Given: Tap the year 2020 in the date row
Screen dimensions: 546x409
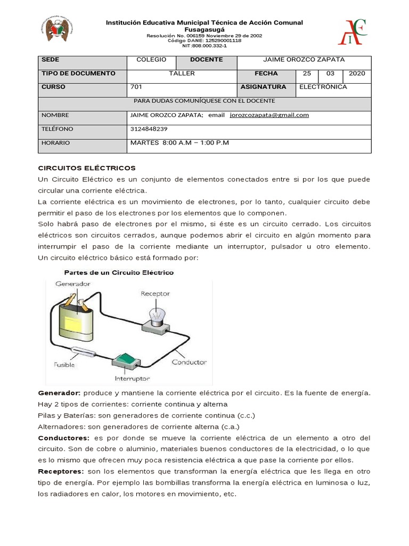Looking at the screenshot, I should pyautogui.click(x=357, y=73).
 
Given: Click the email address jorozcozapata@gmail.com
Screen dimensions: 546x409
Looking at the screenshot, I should pyautogui.click(x=269, y=115).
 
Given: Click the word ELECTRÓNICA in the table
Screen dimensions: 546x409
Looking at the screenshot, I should pyautogui.click(x=323, y=86).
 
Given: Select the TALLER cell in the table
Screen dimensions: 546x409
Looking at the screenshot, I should pyautogui.click(x=182, y=73).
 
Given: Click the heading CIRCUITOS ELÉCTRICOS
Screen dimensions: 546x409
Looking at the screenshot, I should pyautogui.click(x=87, y=167).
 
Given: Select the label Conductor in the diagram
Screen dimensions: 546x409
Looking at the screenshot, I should pyautogui.click(x=189, y=362).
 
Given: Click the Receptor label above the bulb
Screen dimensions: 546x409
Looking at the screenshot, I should pyautogui.click(x=156, y=293).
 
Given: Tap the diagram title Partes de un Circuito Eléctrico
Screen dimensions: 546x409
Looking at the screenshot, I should pyautogui.click(x=119, y=272).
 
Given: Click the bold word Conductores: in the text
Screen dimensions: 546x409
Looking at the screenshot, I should pyautogui.click(x=62, y=438).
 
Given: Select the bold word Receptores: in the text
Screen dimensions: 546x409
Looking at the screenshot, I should pyautogui.click(x=61, y=472).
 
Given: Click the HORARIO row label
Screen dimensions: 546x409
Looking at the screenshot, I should pyautogui.click(x=55, y=143).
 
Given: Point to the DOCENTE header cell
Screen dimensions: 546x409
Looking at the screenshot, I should pyautogui.click(x=206, y=59).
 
